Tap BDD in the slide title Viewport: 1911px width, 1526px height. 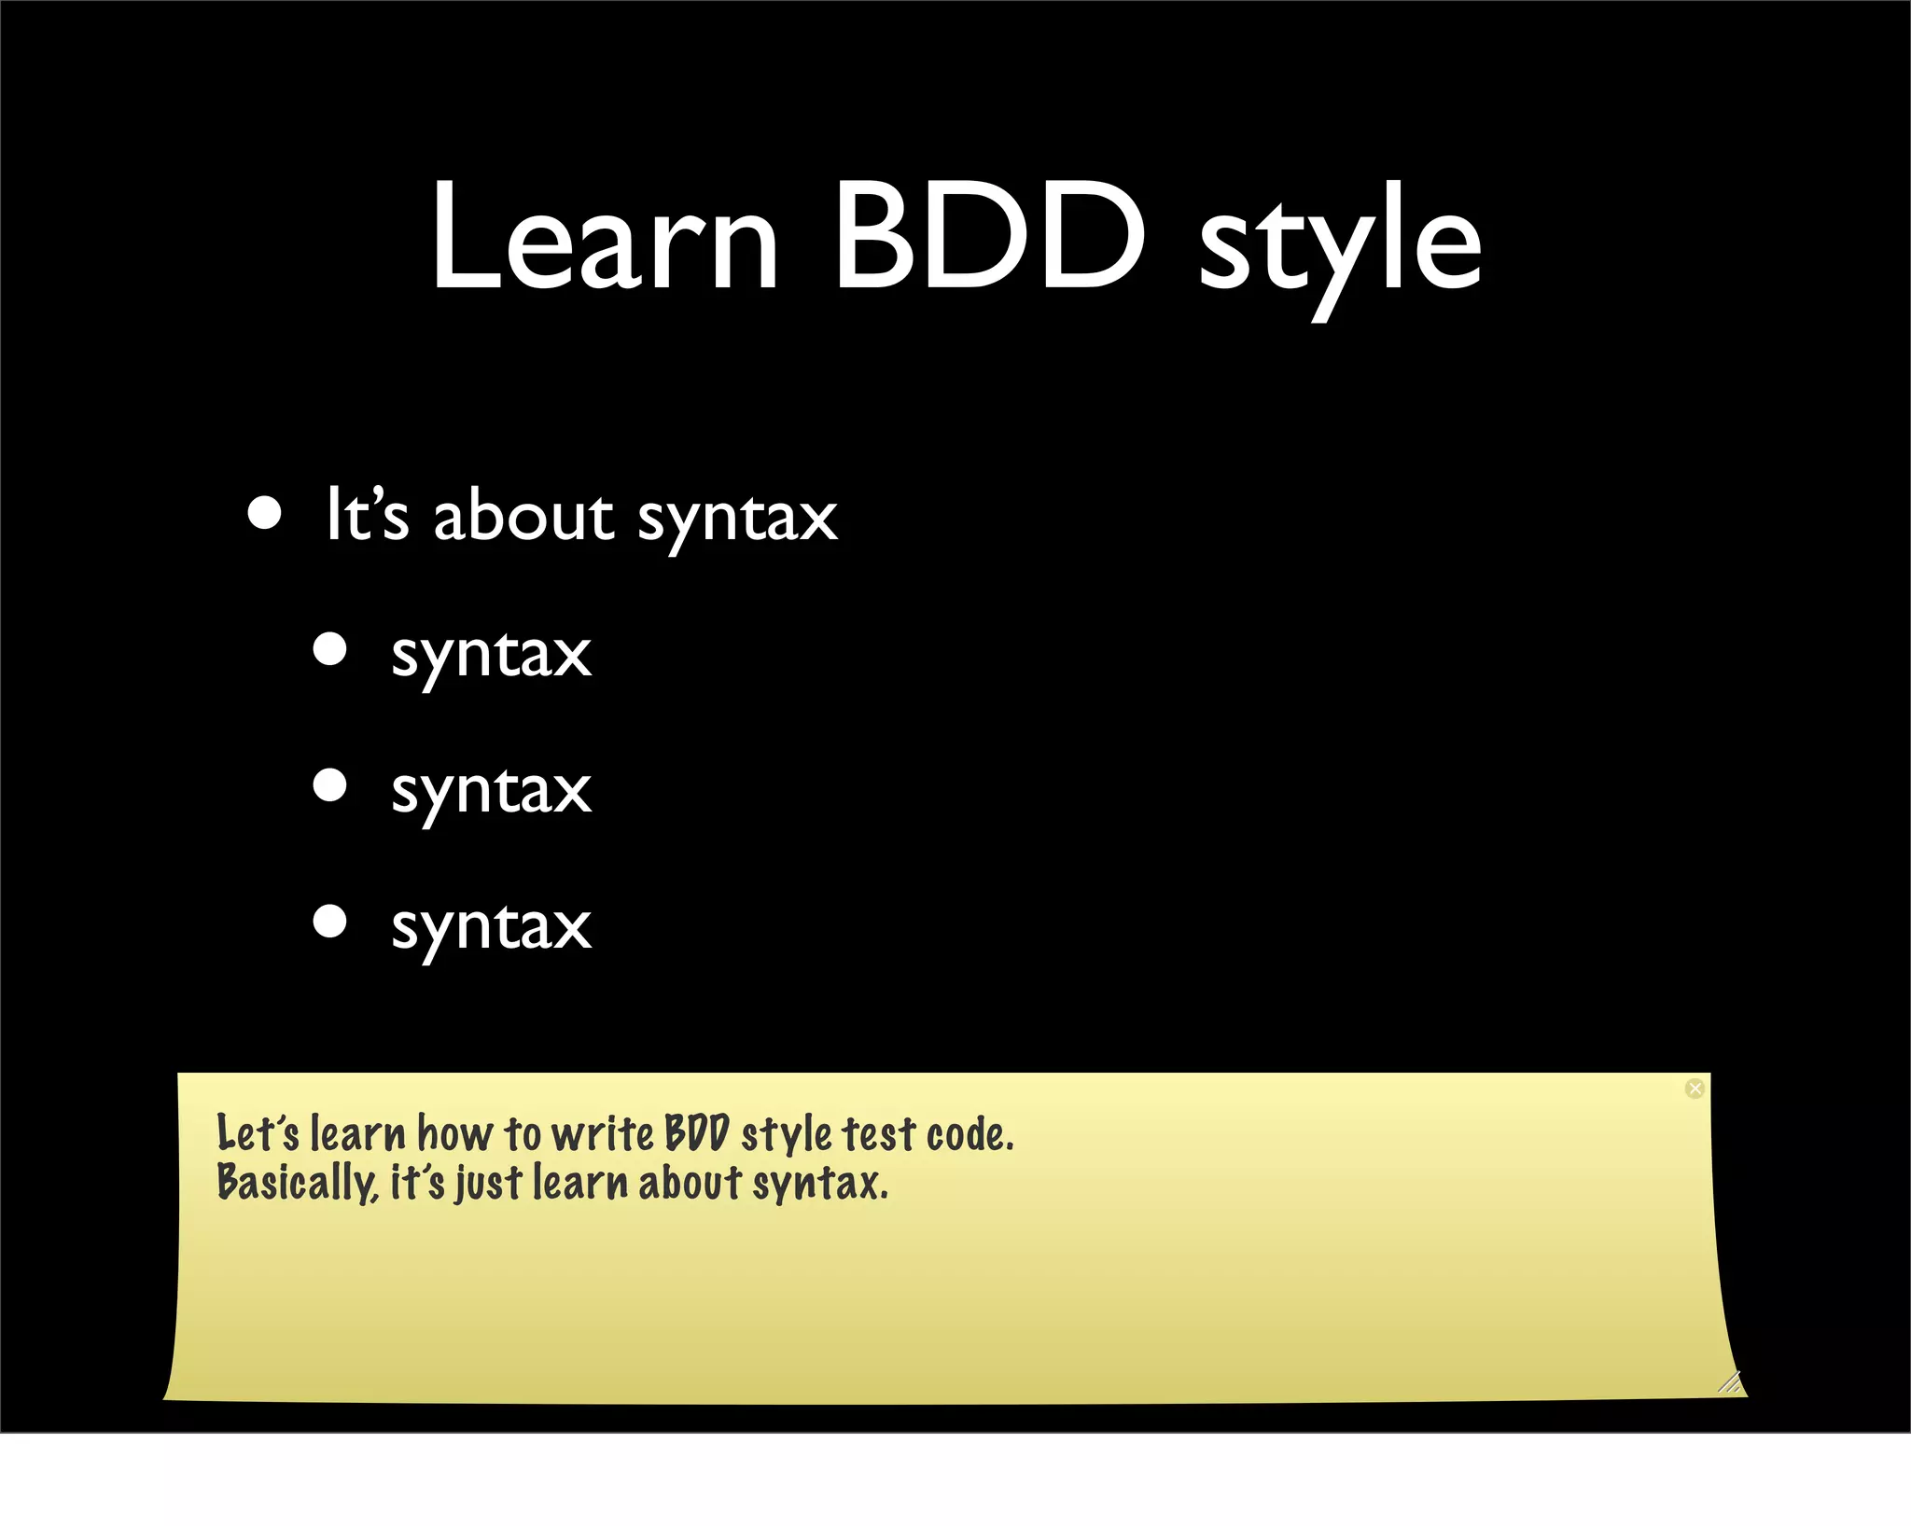point(989,237)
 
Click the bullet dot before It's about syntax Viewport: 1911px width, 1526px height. point(265,514)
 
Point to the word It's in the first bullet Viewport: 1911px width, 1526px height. point(367,515)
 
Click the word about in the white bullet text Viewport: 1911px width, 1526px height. point(523,517)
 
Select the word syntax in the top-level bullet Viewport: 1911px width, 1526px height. point(737,520)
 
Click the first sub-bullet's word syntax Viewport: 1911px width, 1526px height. point(491,657)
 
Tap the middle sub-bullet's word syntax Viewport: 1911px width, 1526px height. point(491,793)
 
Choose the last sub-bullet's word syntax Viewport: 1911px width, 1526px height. point(491,929)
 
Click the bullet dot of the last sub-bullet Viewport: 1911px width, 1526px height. point(330,922)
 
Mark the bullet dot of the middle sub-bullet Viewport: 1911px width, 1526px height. point(330,785)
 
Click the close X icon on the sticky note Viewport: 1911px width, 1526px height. point(1695,1089)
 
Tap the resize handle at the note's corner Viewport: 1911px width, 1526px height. point(1730,1382)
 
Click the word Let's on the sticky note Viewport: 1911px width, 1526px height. point(258,1134)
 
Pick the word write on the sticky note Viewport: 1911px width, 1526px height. point(603,1134)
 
